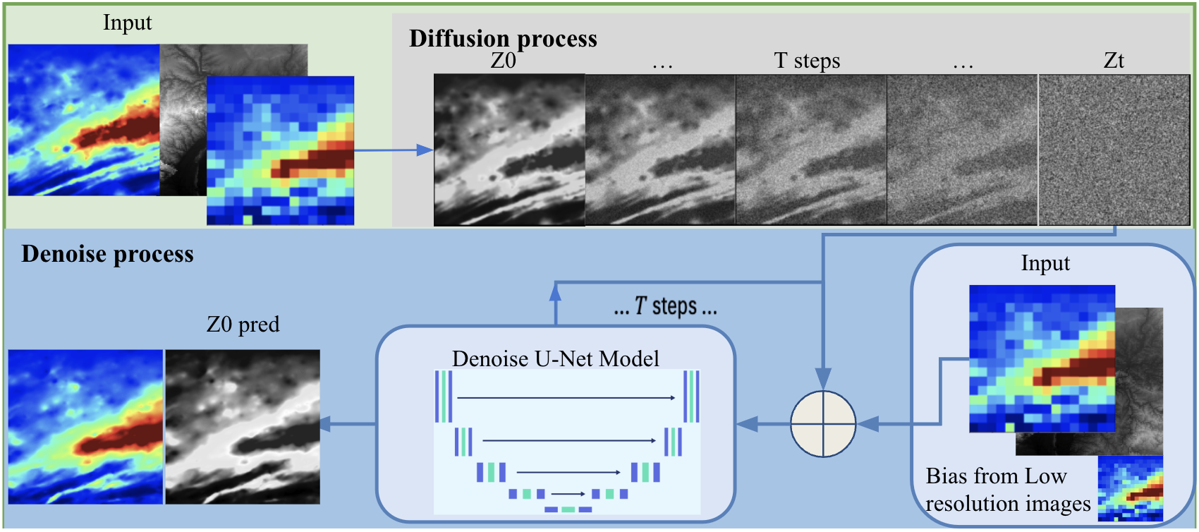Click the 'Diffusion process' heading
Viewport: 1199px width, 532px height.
(x=503, y=38)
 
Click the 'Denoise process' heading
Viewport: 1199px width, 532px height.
(x=107, y=254)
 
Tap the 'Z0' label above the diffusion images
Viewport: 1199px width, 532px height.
(x=503, y=61)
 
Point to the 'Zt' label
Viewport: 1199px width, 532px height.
(x=1114, y=61)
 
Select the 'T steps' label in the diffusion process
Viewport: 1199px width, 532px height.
(x=807, y=61)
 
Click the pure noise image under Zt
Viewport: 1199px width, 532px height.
(x=1114, y=150)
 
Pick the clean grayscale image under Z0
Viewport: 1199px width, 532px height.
(x=509, y=150)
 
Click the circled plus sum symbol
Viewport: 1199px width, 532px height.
(x=822, y=424)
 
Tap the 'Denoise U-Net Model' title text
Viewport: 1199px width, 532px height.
(x=555, y=358)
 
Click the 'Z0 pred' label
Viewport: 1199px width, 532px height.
(x=243, y=325)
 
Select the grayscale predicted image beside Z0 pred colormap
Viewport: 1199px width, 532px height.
(x=243, y=426)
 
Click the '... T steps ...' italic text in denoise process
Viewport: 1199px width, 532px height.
(x=665, y=306)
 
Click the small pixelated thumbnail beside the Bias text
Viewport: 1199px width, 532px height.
(x=1130, y=488)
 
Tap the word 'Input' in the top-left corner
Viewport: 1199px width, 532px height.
(x=127, y=23)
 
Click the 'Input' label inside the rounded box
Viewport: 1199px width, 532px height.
(x=1045, y=263)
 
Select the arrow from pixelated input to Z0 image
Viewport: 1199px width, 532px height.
(x=393, y=150)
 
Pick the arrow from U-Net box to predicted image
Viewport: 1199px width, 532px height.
(x=348, y=424)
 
